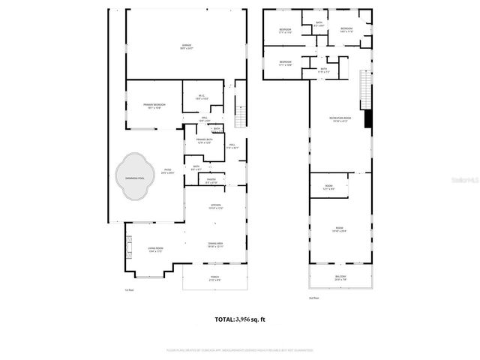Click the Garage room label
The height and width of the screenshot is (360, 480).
[186, 46]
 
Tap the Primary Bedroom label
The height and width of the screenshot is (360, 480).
[154, 105]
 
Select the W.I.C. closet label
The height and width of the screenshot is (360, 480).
[200, 97]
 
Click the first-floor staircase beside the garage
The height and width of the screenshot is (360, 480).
[241, 117]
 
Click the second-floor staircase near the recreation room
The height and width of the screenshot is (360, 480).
[367, 90]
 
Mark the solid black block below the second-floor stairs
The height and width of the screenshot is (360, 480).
[367, 118]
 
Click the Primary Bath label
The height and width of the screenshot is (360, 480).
[205, 141]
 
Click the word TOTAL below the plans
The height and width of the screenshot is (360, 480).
[224, 319]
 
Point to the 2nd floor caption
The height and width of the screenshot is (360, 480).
[314, 298]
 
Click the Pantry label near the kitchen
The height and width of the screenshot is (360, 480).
[212, 180]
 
